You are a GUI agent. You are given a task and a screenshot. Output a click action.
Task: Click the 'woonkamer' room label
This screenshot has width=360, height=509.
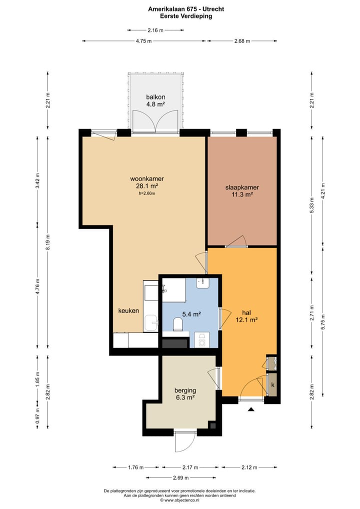[146, 178]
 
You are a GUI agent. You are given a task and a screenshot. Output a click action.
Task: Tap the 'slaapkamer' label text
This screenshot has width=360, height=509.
[242, 187]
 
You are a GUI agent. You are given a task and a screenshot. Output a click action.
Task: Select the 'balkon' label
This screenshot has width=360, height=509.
[155, 96]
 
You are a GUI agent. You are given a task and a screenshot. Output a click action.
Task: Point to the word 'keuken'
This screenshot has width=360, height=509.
[128, 310]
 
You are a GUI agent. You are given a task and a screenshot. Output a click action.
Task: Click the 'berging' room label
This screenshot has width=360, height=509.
[185, 390]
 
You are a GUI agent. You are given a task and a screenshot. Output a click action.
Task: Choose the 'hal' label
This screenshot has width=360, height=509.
[246, 312]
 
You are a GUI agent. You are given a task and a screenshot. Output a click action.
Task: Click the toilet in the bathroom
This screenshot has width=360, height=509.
[178, 324]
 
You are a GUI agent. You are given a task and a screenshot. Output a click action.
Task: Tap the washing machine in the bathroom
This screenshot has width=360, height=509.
[201, 340]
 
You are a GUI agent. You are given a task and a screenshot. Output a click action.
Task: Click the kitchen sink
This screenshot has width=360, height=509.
[151, 323]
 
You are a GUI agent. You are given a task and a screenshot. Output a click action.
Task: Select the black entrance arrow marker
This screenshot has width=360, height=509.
[251, 409]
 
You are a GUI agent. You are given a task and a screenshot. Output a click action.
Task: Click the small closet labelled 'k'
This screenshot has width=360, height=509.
[272, 384]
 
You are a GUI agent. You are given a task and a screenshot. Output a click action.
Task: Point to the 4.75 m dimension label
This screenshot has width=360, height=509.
[143, 41]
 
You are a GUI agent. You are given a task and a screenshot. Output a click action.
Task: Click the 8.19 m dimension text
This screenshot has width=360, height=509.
[47, 242]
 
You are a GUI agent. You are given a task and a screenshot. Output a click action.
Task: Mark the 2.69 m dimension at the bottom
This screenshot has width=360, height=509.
[181, 477]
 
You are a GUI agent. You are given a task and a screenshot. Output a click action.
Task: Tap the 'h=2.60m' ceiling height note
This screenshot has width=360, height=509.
[146, 193]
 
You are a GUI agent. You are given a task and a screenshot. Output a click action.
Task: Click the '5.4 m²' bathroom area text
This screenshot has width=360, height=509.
[191, 314]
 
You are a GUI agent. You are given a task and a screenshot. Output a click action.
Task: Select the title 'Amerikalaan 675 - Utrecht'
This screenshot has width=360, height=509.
[186, 9]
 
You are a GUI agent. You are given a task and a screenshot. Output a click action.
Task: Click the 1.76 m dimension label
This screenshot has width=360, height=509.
[135, 467]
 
